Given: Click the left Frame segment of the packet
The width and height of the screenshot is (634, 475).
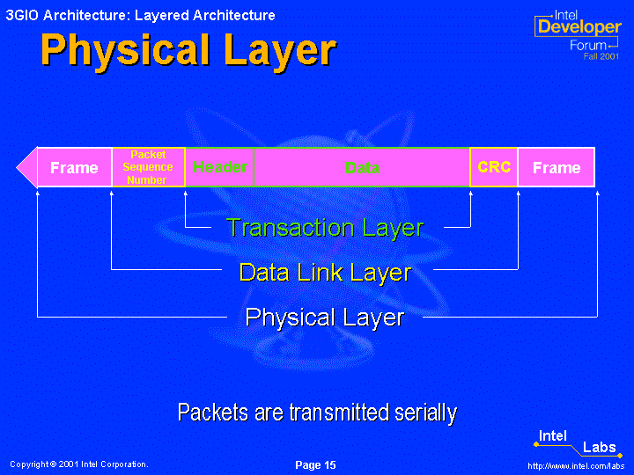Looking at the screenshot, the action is [74, 167].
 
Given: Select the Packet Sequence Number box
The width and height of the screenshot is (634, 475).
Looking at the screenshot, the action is [149, 167].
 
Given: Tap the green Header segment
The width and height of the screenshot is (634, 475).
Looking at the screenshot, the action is [219, 167].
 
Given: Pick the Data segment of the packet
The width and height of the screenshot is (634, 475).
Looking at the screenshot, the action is [362, 167].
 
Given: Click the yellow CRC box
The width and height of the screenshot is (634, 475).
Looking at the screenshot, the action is [494, 167].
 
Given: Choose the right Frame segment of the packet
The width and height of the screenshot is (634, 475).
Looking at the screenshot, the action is [557, 167].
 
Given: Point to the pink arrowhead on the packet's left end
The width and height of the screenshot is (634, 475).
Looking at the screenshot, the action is [27, 167].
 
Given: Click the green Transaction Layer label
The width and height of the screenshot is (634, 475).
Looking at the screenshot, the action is [325, 228].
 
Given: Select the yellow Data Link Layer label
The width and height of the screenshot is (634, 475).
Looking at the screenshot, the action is [326, 273].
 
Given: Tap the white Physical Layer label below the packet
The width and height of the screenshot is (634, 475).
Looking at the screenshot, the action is [325, 318].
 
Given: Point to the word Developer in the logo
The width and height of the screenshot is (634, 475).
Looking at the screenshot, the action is [579, 26].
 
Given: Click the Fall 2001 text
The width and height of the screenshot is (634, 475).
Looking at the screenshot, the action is [601, 56].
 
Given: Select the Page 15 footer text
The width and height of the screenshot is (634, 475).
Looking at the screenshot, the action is [315, 465].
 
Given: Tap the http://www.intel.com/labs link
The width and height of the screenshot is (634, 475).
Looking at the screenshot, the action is [576, 465].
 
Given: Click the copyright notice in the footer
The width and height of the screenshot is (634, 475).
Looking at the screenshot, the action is [79, 464].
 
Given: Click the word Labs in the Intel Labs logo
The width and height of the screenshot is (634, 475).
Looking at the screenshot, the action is [600, 447].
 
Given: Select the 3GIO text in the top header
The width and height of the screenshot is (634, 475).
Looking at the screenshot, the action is [22, 15].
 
